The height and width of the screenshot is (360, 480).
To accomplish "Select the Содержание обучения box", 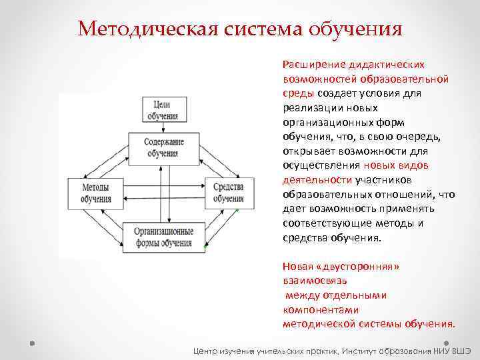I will coord(164,148).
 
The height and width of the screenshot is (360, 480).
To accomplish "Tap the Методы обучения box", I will coord(96,192).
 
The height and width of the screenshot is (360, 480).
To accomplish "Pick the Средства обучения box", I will coord(228,192).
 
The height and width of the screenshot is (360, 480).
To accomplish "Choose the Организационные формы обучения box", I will coord(164,237).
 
